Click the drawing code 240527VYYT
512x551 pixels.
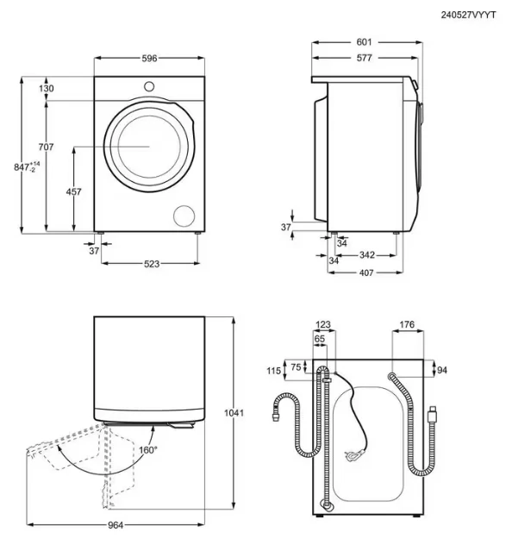click(x=468, y=16)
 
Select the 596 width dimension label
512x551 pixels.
click(x=149, y=59)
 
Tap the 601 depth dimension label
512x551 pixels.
click(x=364, y=42)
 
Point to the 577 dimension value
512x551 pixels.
click(x=364, y=58)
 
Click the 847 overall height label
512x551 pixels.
click(x=27, y=167)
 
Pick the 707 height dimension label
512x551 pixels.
click(x=46, y=147)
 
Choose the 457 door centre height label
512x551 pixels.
click(x=74, y=191)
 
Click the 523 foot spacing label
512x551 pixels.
click(x=152, y=264)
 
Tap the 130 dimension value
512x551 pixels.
click(x=47, y=88)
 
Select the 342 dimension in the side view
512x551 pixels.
click(x=367, y=254)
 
